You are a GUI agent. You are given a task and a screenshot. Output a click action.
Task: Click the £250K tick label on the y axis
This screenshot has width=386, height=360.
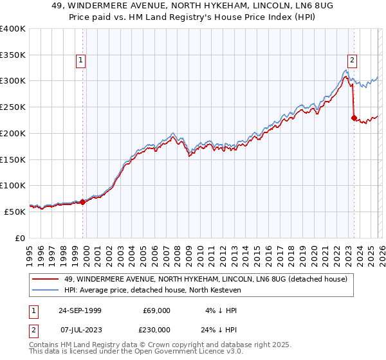pos(13,107)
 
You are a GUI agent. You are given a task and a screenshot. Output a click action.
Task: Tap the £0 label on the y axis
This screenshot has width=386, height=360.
pos(19,238)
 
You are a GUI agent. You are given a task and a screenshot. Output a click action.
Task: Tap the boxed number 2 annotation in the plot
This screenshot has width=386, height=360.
pos(353,60)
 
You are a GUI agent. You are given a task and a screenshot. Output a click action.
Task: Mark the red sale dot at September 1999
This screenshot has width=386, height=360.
pos(83,202)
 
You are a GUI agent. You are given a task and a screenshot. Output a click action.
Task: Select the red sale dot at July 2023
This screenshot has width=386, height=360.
pos(354,118)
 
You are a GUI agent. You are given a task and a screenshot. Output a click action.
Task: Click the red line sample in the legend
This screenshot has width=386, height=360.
pos(46,279)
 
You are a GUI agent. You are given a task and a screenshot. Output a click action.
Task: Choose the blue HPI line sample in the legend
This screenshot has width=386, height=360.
pos(46,291)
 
